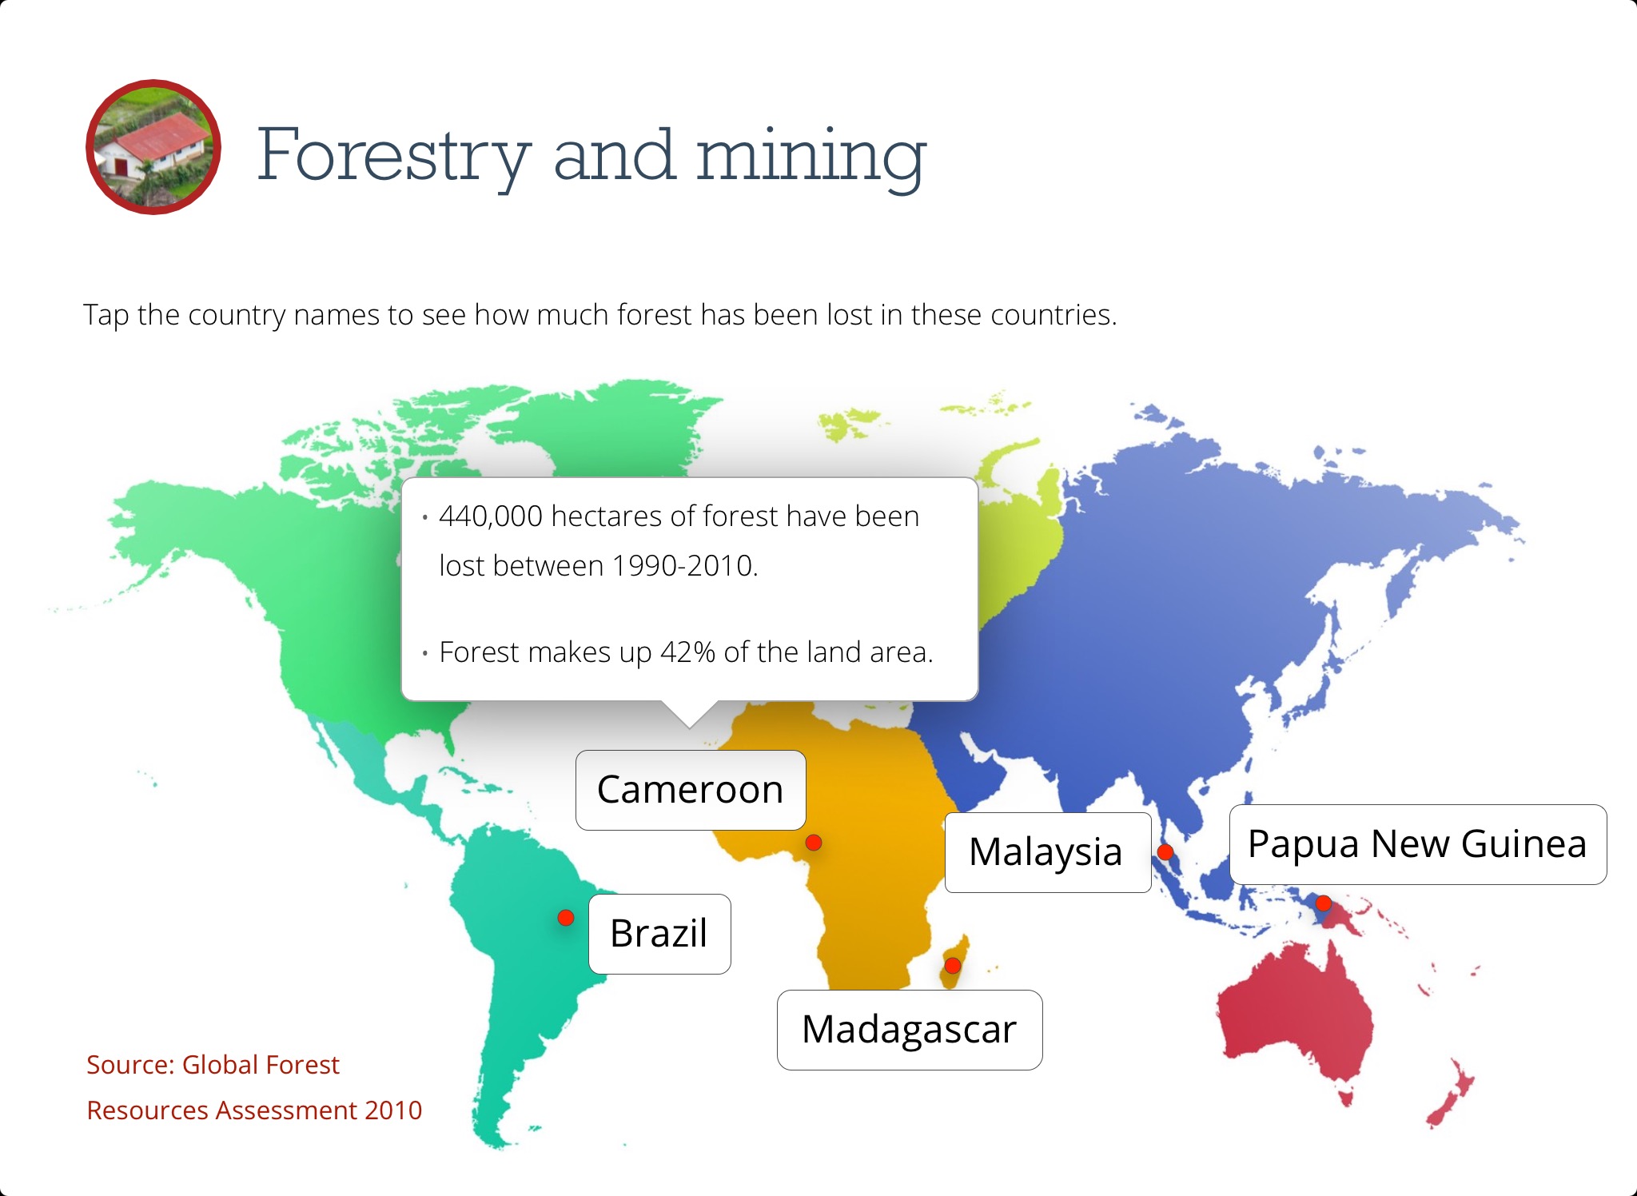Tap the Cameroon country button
point(691,790)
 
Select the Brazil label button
point(659,934)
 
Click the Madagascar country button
point(910,1030)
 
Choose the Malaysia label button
point(1048,852)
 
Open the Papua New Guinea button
point(1418,844)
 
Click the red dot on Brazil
point(566,918)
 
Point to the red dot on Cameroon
point(814,843)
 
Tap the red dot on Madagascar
point(952,966)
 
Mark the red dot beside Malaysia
point(1165,852)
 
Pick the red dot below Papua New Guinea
point(1324,903)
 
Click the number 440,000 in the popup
point(491,516)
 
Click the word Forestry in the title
point(394,155)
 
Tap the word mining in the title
point(811,155)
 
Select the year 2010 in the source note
point(392,1110)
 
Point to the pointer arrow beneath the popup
point(689,714)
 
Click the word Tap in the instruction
point(106,315)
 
